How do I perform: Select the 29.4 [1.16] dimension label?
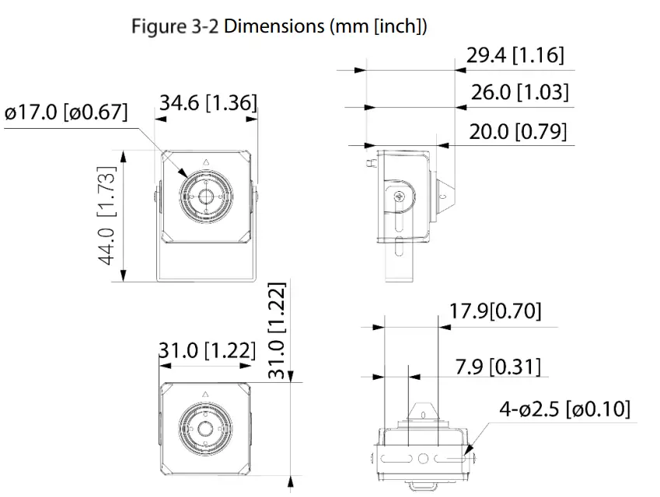tap(515, 55)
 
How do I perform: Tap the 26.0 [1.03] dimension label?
tap(519, 92)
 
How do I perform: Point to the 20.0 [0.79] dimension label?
tap(517, 130)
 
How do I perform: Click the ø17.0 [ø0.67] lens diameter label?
tap(66, 112)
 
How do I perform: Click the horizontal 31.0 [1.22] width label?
tap(207, 350)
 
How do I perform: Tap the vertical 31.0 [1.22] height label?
tap(278, 330)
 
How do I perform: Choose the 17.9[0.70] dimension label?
tap(494, 311)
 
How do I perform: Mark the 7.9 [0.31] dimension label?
tap(498, 367)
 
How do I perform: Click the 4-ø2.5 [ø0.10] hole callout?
tap(564, 409)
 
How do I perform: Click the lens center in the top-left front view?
tap(206, 196)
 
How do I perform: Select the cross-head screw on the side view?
tap(399, 196)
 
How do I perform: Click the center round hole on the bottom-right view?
tap(423, 458)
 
